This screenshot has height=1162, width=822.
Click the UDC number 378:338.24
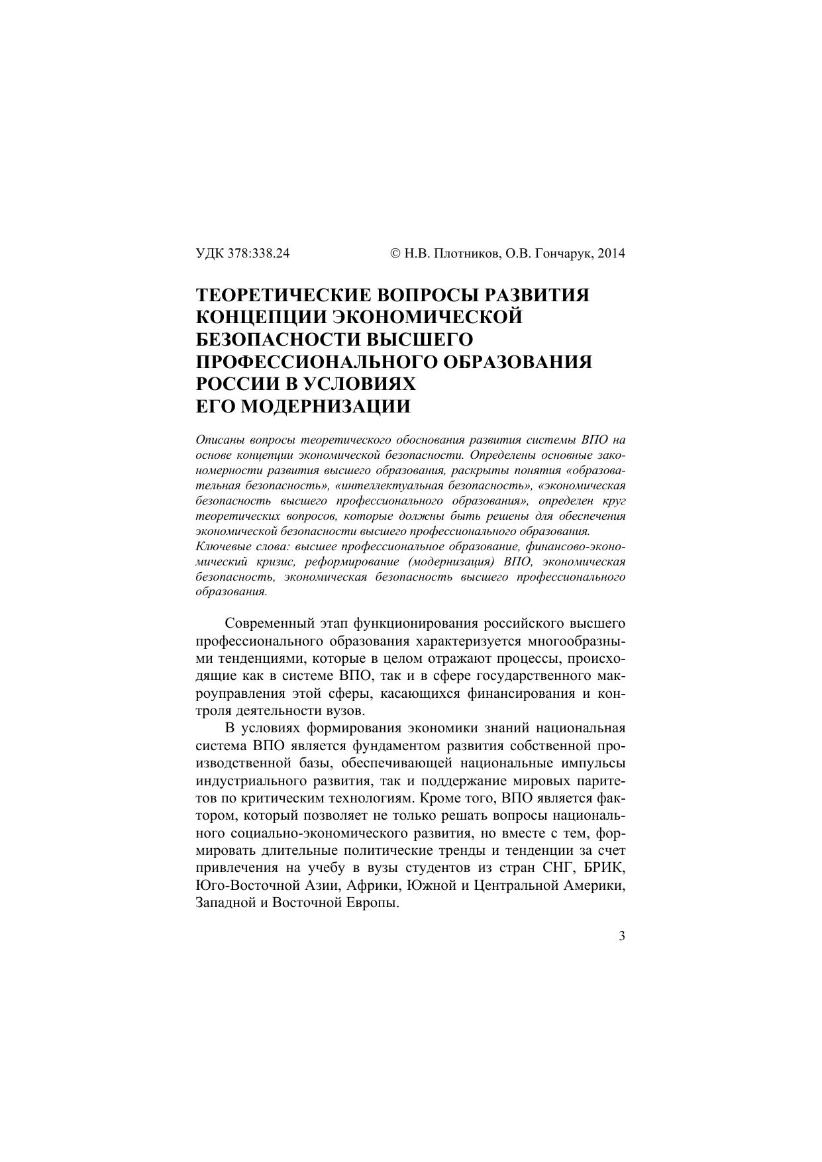(258, 254)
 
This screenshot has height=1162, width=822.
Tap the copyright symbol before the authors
(395, 254)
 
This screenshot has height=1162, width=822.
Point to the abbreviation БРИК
(605, 866)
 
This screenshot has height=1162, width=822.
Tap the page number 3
(621, 936)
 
